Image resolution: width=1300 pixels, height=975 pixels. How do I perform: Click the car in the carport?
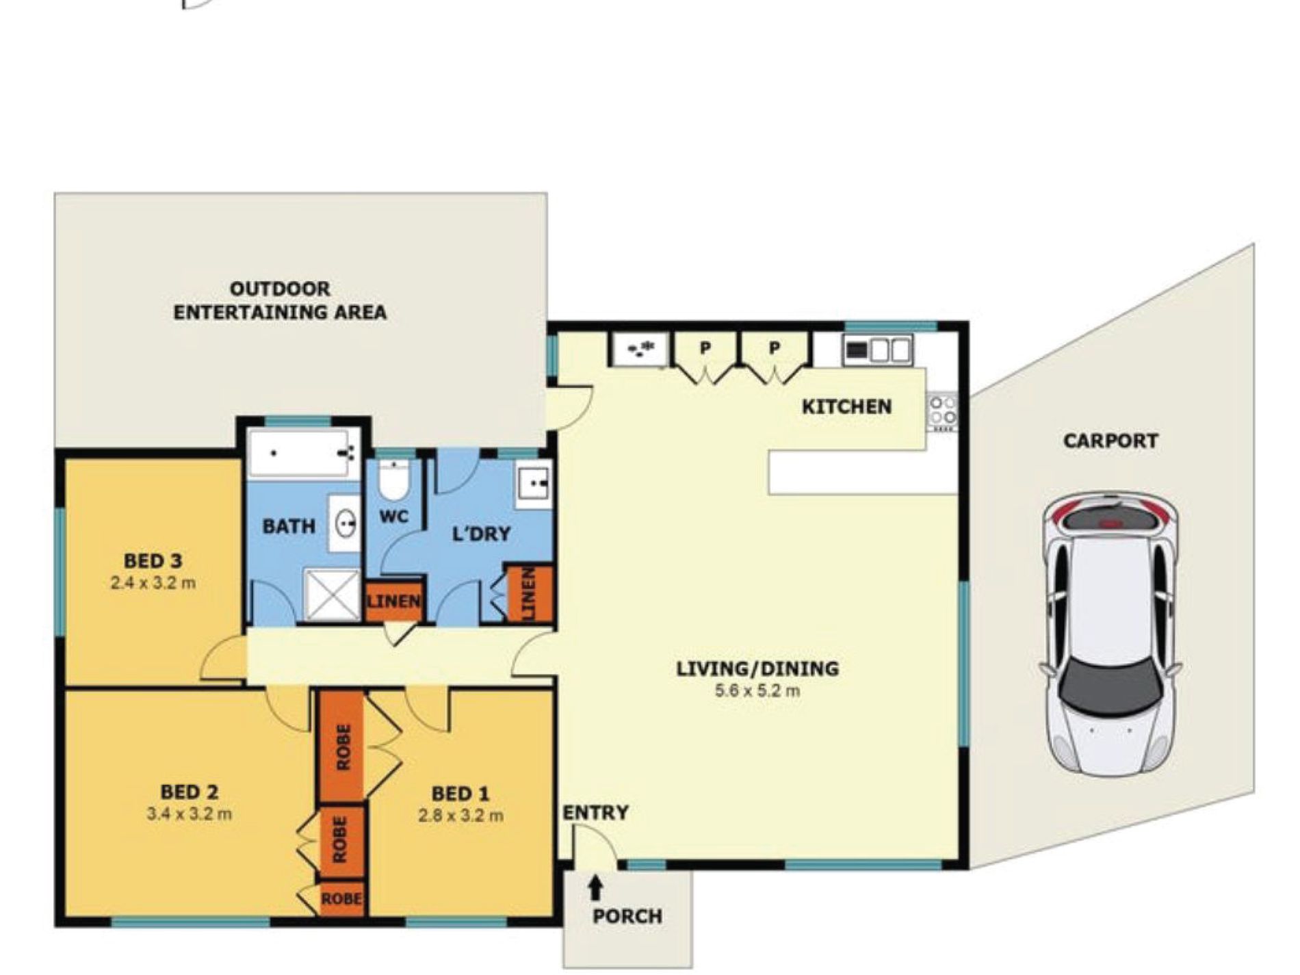(x=1111, y=634)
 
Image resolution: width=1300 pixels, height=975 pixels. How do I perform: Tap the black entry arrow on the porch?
(x=595, y=887)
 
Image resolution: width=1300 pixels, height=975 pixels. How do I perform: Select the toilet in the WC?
(x=394, y=480)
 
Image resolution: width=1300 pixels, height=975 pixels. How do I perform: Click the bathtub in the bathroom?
(x=304, y=453)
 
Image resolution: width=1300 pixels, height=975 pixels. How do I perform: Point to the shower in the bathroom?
(x=332, y=595)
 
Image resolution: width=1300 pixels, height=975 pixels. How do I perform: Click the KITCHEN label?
(x=846, y=407)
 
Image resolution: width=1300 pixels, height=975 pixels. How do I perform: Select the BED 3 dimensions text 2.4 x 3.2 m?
(x=153, y=584)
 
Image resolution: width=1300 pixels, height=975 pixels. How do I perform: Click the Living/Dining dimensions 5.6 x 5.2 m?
(x=757, y=690)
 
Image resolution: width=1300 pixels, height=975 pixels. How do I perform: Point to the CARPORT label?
(x=1110, y=441)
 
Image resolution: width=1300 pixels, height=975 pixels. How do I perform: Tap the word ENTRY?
(x=595, y=813)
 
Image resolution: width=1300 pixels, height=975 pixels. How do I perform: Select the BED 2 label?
(x=190, y=792)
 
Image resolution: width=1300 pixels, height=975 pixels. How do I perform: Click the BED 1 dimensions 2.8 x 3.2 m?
(x=461, y=816)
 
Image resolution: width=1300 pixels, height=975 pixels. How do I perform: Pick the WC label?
(x=393, y=517)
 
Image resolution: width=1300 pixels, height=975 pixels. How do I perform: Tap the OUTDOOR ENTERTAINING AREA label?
(x=280, y=301)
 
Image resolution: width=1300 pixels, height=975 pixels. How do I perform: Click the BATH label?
(x=289, y=527)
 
